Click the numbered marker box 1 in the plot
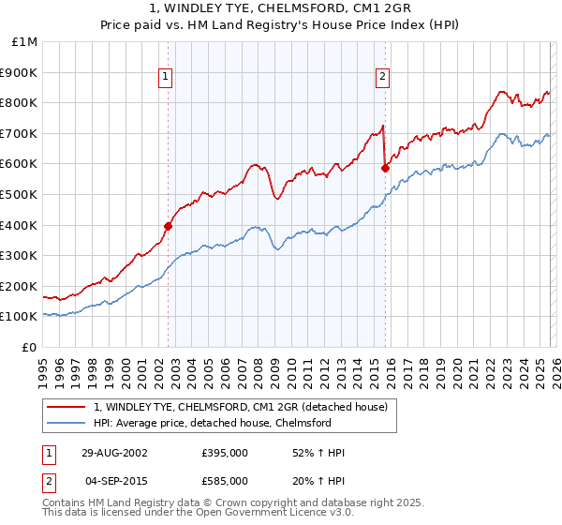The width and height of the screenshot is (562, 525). click(165, 78)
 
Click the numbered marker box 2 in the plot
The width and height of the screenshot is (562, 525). click(383, 78)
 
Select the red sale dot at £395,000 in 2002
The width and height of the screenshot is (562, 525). click(169, 225)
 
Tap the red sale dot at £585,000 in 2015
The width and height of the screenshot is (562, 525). click(385, 168)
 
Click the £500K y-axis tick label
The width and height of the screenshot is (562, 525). click(20, 195)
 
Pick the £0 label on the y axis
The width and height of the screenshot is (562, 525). click(28, 347)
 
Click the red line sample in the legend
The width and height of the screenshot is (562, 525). click(67, 406)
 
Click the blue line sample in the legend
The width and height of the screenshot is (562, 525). click(67, 423)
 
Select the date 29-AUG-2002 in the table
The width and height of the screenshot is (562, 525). click(113, 453)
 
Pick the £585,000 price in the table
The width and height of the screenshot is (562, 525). click(224, 480)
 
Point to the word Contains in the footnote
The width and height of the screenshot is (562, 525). click(65, 504)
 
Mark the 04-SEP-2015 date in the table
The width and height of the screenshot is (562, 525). click(113, 480)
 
